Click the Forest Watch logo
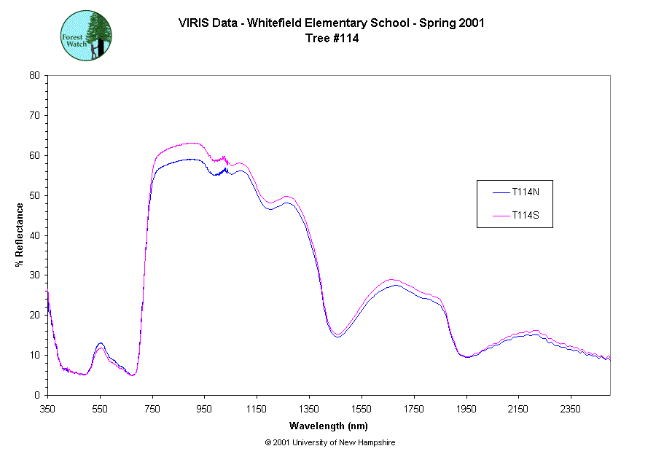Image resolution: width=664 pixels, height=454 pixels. tap(85, 35)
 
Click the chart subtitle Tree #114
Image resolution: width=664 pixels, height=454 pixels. tap(332, 39)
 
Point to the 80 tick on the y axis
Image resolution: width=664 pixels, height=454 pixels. tap(34, 75)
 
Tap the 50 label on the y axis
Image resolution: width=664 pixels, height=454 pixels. tap(34, 195)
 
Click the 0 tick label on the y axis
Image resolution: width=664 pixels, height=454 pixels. tap(36, 395)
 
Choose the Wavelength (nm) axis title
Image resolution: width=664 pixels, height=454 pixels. tap(328, 426)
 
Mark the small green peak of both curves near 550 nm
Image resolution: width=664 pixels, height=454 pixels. tap(101, 345)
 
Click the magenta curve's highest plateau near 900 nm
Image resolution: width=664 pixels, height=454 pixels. tap(191, 143)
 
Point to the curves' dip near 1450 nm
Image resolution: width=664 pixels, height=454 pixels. tap(337, 335)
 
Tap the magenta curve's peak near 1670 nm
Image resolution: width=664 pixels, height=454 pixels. tap(393, 280)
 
